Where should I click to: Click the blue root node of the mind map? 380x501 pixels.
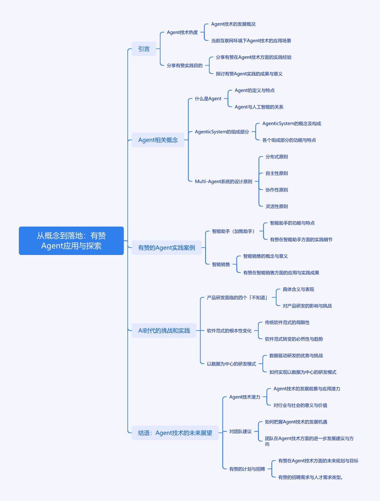[71, 240]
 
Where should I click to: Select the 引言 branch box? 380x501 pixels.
[144, 49]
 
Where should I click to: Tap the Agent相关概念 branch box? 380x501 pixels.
[158, 140]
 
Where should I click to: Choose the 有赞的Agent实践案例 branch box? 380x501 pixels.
[166, 248]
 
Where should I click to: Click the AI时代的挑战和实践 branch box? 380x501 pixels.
[164, 331]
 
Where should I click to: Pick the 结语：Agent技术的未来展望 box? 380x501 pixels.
[175, 433]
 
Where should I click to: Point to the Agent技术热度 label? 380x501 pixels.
[182, 32]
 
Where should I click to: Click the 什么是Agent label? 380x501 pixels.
[208, 99]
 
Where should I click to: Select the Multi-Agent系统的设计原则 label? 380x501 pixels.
[223, 181]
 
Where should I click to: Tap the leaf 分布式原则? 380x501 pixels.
[277, 157]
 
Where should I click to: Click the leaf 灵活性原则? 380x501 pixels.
[277, 206]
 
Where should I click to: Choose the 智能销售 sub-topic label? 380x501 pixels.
[221, 264]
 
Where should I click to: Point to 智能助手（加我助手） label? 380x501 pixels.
[233, 231]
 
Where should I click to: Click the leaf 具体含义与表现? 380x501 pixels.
[298, 289]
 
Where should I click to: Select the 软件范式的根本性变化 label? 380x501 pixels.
[229, 331]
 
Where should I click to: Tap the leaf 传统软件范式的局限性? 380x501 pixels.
[287, 322]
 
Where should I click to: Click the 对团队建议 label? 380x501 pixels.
[240, 431]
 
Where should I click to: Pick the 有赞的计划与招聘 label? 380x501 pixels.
[247, 469]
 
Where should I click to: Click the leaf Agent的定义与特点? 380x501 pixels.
[254, 90]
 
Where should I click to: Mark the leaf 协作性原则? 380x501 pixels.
[277, 190]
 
